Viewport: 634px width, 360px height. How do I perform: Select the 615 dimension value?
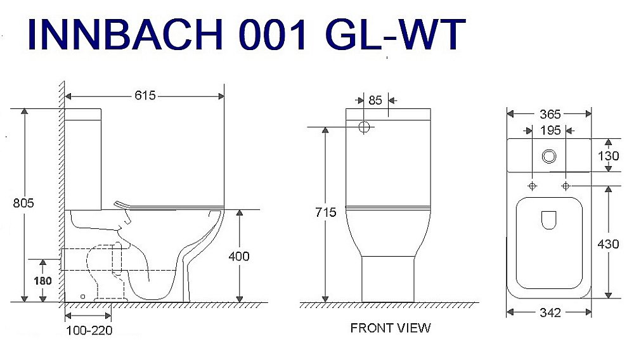click(x=145, y=96)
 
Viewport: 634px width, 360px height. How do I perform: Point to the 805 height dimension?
click(x=23, y=203)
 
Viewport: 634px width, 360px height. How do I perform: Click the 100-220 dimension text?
click(x=88, y=330)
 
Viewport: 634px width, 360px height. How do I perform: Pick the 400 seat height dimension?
click(x=239, y=256)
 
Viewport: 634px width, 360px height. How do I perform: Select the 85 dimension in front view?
click(x=375, y=100)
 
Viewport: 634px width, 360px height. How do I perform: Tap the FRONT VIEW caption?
click(x=390, y=328)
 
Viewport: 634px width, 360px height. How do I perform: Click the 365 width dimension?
click(x=549, y=114)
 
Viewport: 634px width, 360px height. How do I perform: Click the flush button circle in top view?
click(x=549, y=155)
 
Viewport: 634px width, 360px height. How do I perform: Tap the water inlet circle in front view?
click(x=364, y=127)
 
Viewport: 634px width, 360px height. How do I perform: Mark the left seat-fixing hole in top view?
click(x=532, y=186)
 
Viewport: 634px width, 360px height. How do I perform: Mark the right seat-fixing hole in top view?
click(x=566, y=186)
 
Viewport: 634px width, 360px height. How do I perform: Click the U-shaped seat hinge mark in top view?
click(x=549, y=220)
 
